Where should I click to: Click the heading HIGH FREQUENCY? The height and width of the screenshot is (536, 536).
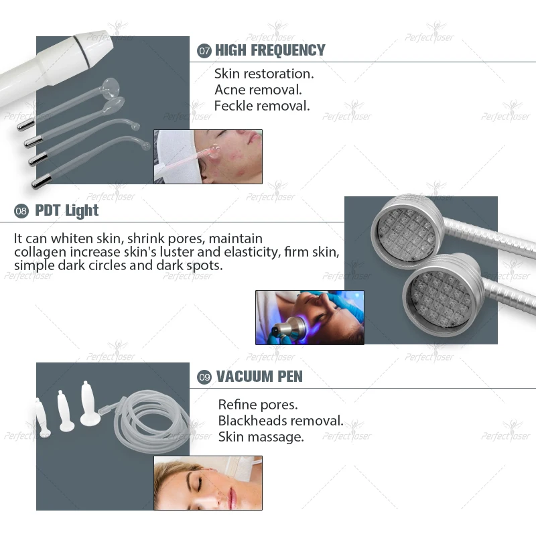coord(270,50)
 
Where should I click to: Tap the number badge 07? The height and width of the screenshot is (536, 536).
coord(204,51)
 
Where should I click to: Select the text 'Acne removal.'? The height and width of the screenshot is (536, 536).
coord(258,89)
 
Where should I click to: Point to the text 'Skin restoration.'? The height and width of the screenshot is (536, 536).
coord(264,73)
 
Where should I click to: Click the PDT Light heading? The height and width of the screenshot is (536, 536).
coord(66,210)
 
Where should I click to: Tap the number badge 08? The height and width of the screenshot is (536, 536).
coord(21,211)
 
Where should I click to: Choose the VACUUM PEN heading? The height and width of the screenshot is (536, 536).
coord(259,377)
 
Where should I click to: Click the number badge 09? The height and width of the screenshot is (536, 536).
coord(204,377)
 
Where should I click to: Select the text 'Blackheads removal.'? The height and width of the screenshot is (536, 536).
coord(281,421)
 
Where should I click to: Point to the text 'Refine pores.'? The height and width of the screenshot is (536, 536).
coord(258,405)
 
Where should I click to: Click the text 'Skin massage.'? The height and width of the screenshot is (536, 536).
coord(261,437)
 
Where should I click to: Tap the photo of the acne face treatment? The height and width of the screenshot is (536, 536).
coord(208,156)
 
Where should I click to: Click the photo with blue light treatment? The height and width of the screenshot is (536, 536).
coord(310,317)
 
